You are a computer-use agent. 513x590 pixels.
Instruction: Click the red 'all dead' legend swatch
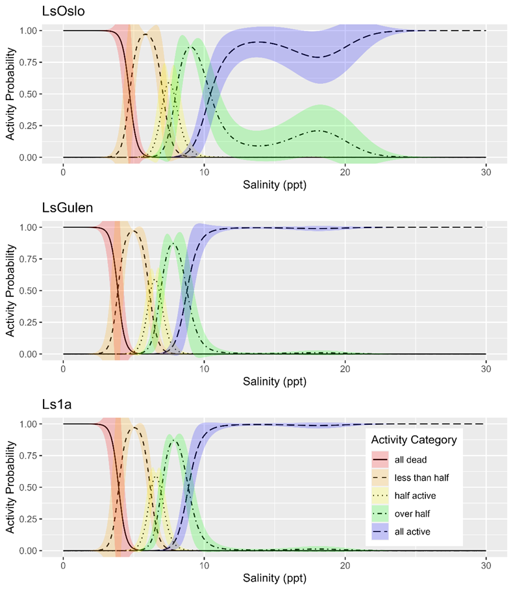[x=380, y=460]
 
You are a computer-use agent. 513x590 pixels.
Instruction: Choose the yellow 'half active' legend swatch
[x=380, y=496]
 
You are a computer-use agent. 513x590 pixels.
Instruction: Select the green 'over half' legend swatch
[x=380, y=513]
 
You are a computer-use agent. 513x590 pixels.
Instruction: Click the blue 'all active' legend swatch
[x=380, y=532]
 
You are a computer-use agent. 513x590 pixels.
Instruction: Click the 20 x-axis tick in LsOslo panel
[x=345, y=171]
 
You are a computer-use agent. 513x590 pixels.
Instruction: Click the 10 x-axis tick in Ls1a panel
[x=204, y=564]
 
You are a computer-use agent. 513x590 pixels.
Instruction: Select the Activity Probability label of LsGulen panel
[x=11, y=290]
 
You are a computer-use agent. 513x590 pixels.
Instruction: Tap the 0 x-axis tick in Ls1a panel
[x=63, y=564]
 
